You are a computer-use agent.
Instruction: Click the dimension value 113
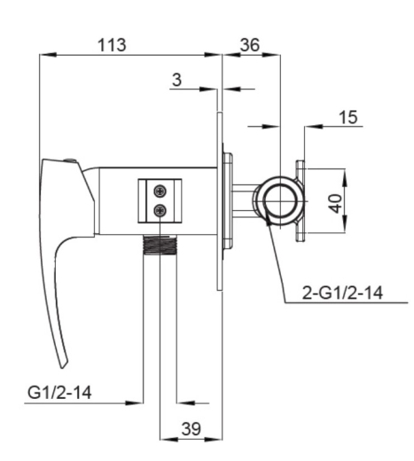pos(112,45)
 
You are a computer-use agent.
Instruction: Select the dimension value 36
pos(250,45)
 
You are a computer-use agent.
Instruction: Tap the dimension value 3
pos(176,80)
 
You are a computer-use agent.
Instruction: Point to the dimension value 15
pos(348,117)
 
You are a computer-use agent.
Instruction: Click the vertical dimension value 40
pos(336,203)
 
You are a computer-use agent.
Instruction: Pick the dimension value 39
pos(191,428)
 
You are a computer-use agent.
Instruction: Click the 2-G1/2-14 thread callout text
pos(342,293)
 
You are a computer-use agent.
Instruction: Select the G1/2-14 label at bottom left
pos(59,393)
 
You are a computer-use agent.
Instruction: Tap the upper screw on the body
pos(160,191)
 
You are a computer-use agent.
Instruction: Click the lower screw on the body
pos(160,211)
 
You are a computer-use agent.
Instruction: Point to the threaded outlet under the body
pos(160,245)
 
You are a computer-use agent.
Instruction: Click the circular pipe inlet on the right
pos(280,201)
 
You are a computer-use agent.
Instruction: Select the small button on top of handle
pos(70,160)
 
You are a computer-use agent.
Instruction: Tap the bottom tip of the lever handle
pos(63,368)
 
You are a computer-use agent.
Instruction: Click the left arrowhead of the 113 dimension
pos(47,55)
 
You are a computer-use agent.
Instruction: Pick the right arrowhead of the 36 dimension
pos(271,55)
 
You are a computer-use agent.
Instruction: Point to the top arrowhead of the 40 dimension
pos(345,177)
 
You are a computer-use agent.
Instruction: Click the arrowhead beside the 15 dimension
pos(313,127)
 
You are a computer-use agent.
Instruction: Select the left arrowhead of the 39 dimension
pos(168,440)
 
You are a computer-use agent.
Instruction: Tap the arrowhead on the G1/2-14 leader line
pos(135,402)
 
